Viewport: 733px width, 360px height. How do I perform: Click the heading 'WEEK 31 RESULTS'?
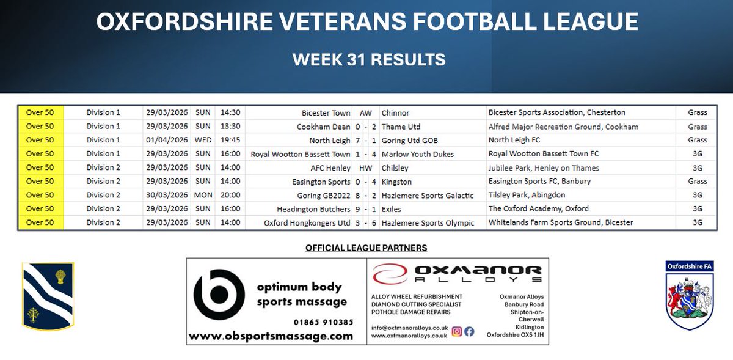coord(368,59)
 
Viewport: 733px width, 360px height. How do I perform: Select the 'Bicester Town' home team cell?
coord(326,112)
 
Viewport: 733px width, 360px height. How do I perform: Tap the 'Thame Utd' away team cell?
coord(401,127)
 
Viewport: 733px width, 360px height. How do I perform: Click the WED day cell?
coord(203,140)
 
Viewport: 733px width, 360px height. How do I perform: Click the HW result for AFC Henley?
coord(365,167)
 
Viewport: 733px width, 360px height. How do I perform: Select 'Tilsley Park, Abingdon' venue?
coord(527,195)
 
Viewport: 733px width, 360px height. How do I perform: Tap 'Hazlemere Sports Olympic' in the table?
coord(428,222)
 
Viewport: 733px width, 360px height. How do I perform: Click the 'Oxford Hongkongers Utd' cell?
coord(307,222)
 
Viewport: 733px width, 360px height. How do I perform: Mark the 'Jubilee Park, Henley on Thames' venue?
coord(544,167)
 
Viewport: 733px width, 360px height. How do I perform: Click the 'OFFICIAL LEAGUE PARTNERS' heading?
coord(366,248)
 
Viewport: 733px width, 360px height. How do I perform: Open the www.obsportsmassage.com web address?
coord(271,336)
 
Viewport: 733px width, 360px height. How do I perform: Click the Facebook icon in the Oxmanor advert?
coord(469,331)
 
